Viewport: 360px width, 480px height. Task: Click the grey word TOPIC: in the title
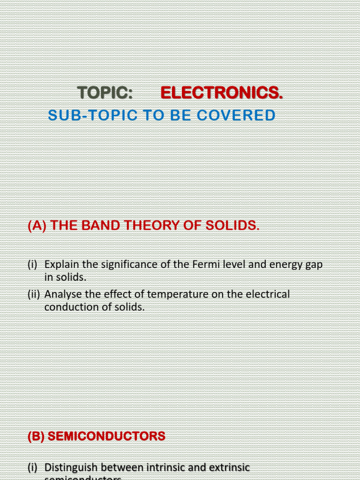(105, 93)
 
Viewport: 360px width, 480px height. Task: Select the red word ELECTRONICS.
(222, 93)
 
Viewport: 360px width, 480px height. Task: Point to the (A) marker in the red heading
(37, 225)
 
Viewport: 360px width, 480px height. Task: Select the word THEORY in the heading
(151, 225)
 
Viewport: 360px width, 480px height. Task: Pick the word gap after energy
(314, 264)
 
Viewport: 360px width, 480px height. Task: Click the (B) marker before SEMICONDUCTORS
(36, 436)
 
